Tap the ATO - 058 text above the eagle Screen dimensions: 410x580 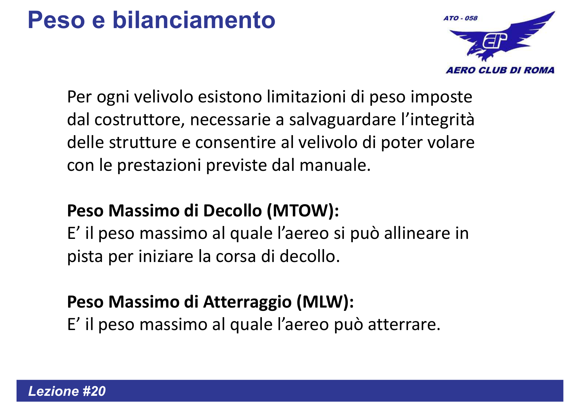pyautogui.click(x=460, y=19)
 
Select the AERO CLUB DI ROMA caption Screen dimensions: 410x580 pyautogui.click(x=500, y=70)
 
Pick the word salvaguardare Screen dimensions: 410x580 pyautogui.click(x=342, y=120)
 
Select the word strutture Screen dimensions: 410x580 pyautogui.click(x=143, y=143)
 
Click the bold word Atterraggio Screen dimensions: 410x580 pyautogui.click(x=247, y=302)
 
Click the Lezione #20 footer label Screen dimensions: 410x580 pyautogui.click(x=67, y=391)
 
